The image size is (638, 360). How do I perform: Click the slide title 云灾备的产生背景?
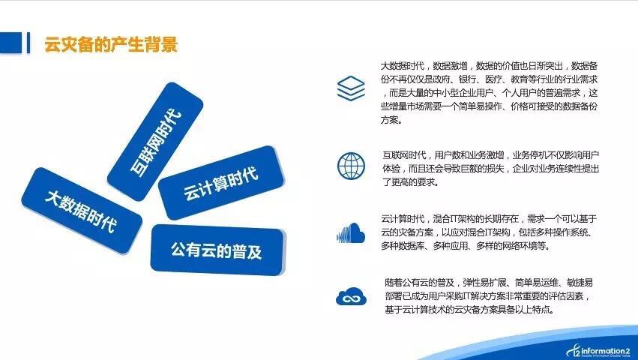coord(111,44)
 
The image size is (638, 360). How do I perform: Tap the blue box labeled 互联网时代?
coord(155,141)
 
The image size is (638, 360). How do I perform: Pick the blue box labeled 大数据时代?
coord(82,210)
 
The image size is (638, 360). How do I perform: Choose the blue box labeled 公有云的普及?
coord(218,250)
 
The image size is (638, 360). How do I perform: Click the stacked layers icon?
coord(351,88)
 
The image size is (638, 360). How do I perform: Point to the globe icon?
coord(351,166)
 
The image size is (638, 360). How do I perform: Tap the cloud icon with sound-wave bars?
coord(351,233)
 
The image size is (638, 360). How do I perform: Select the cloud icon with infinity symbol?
coord(351,296)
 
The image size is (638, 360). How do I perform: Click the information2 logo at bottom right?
coord(598,351)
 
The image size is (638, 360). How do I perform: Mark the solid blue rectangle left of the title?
coord(10,43)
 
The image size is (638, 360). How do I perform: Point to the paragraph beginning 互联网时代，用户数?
coord(490,168)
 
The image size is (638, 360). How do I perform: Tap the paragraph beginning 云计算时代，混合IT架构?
coord(489,232)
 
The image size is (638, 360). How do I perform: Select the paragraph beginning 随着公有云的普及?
coord(488,296)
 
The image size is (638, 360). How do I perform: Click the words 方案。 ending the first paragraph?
coord(391,120)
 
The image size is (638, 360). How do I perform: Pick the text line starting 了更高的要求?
coord(411,181)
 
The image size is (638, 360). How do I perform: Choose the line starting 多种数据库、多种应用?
coord(465,246)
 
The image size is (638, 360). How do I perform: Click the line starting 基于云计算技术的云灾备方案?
coord(470,310)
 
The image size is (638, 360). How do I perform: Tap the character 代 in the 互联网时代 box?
coord(174,117)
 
